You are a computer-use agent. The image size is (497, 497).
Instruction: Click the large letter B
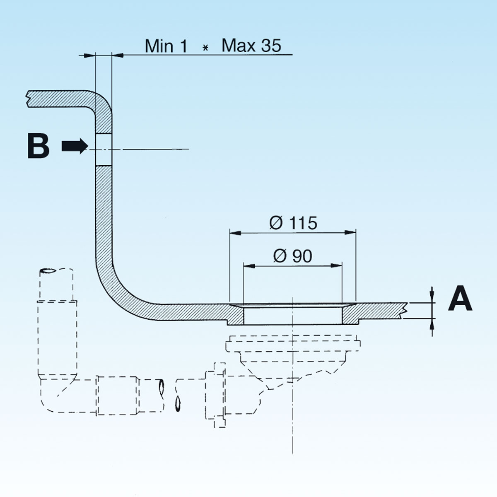[38, 146]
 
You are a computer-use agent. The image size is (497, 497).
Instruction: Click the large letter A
[460, 300]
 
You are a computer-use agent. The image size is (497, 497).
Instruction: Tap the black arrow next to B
[75, 146]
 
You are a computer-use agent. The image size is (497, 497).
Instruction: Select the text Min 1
[166, 46]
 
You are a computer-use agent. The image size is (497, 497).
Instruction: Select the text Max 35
[251, 46]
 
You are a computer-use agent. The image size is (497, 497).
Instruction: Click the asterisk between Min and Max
[205, 48]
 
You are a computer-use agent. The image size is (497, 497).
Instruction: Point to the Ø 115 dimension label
[293, 223]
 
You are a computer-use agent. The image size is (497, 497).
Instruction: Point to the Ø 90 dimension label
[293, 256]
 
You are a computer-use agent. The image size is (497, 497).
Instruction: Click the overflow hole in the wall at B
[104, 149]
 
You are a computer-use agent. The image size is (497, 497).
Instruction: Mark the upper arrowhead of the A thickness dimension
[432, 298]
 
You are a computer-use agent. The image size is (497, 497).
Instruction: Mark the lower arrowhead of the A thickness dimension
[432, 323]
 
